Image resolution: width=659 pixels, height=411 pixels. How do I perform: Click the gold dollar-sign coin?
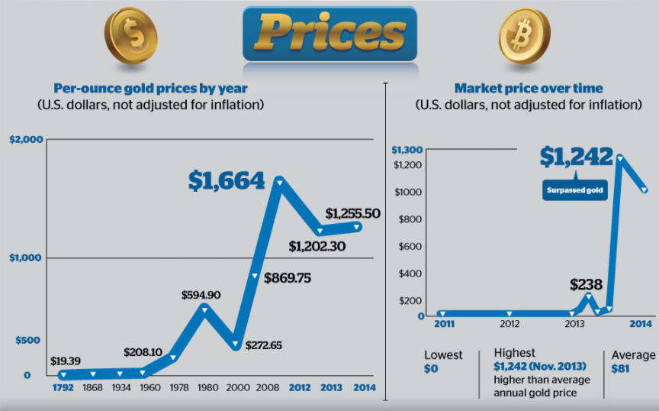(x=131, y=36)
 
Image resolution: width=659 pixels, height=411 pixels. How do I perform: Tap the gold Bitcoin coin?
(x=525, y=35)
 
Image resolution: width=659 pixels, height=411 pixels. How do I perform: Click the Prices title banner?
(x=330, y=34)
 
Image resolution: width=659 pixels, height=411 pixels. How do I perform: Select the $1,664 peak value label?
(x=227, y=180)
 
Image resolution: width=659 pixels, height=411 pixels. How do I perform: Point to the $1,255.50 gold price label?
(x=352, y=213)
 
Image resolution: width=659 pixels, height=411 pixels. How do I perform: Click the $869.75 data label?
(x=288, y=278)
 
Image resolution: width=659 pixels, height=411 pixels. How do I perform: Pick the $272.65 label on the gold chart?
(x=263, y=345)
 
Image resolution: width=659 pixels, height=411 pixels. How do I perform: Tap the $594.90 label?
(x=201, y=295)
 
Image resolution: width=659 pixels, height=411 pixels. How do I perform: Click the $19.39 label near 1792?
(x=65, y=361)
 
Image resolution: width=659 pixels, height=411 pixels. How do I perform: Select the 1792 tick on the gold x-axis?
(x=63, y=387)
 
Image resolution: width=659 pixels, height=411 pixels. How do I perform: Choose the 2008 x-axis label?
(x=267, y=387)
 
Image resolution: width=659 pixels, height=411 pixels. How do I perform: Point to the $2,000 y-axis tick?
(x=26, y=139)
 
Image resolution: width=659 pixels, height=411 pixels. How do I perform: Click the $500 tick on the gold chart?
(x=27, y=340)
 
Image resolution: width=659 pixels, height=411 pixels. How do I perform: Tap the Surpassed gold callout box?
(x=574, y=190)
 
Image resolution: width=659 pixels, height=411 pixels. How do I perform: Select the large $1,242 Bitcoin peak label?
(x=576, y=157)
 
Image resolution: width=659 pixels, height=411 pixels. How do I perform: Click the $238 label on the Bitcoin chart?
(x=586, y=285)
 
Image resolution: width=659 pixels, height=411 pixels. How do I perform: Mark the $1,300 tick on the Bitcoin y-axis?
(x=407, y=150)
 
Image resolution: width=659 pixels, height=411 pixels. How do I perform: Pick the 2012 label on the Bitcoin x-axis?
(x=510, y=324)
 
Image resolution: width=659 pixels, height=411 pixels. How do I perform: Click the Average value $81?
(x=620, y=369)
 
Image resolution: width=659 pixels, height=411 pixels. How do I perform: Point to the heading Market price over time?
(x=529, y=89)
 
